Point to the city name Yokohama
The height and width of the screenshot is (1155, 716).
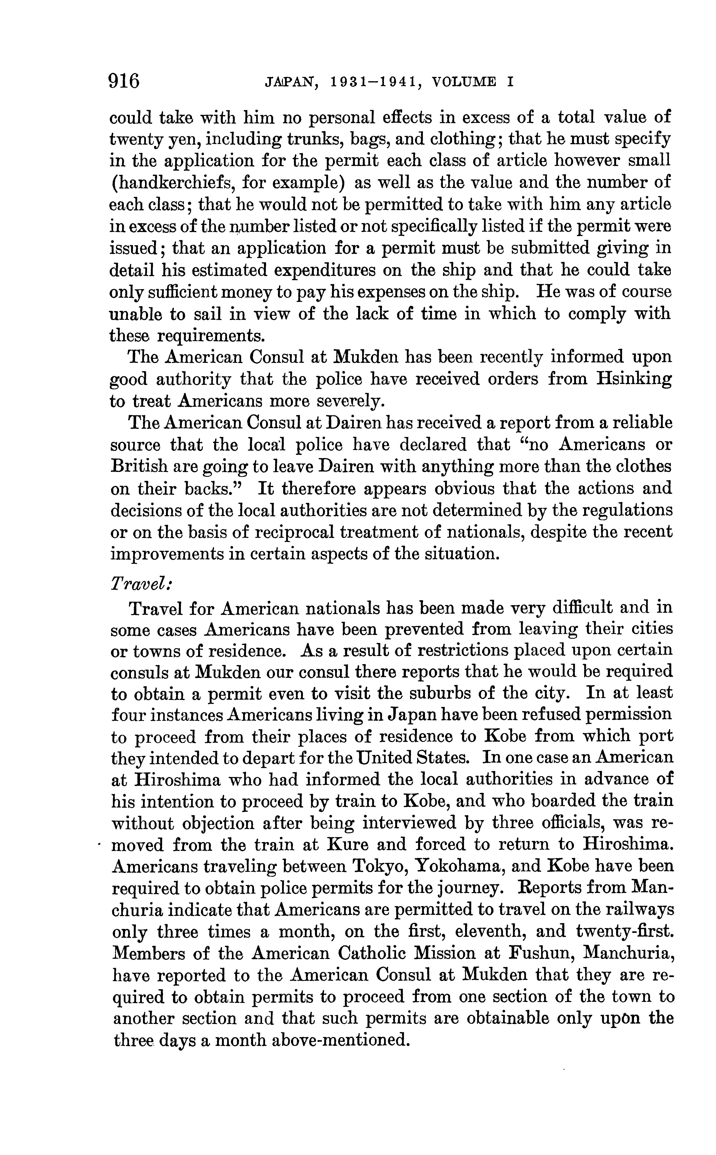pos(458,866)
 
